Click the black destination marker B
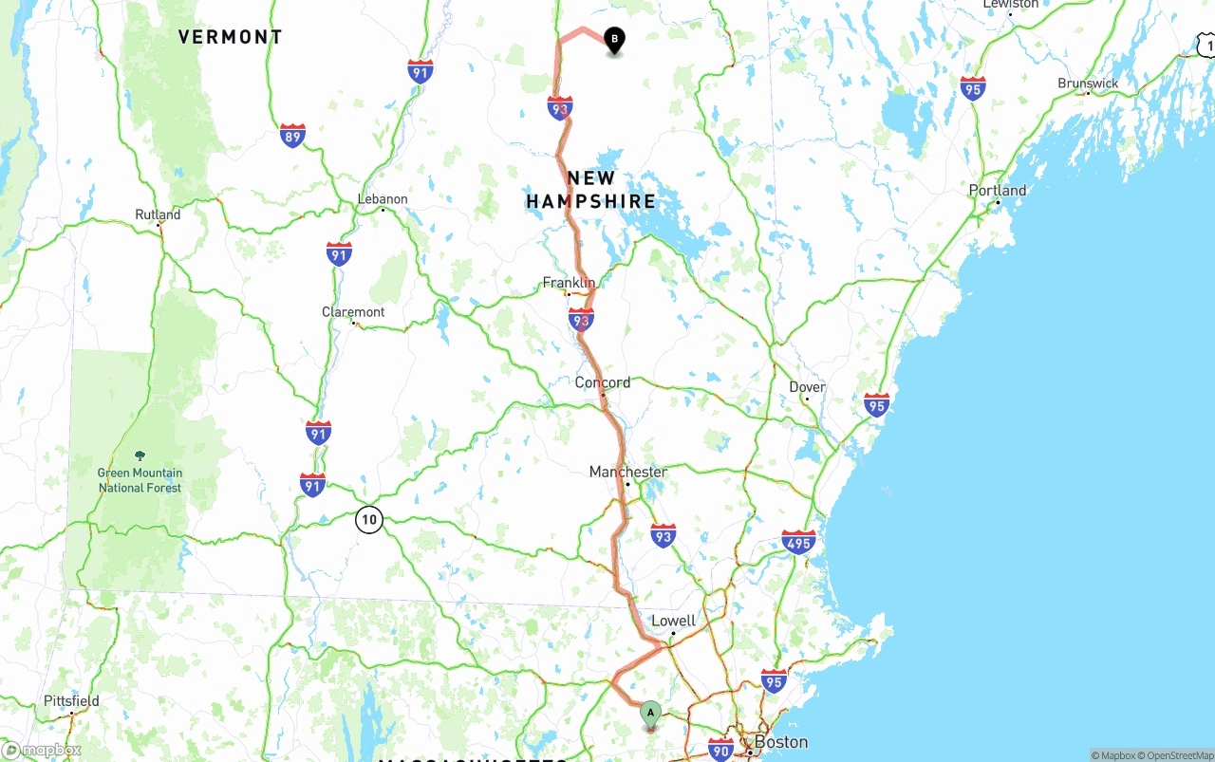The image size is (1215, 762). click(614, 40)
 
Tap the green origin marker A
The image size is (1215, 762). click(650, 713)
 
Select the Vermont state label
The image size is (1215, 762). click(230, 37)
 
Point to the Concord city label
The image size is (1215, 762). click(602, 382)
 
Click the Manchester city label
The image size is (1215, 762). click(627, 472)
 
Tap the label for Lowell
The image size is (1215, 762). click(673, 621)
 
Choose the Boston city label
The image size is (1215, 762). click(781, 741)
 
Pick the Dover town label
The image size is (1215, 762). click(807, 387)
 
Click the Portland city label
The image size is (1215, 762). click(998, 190)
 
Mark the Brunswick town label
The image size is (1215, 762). click(1088, 84)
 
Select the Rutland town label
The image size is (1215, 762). click(158, 214)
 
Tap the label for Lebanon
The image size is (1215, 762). click(383, 199)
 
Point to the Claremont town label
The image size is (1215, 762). click(353, 312)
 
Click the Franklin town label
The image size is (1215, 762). click(569, 283)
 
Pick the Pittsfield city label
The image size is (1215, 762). click(71, 701)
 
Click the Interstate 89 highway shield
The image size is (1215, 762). click(292, 136)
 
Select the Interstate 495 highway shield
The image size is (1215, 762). click(798, 542)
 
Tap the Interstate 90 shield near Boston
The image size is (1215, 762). click(720, 750)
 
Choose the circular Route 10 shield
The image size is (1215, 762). click(369, 519)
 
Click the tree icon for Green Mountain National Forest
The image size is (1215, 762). click(140, 456)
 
